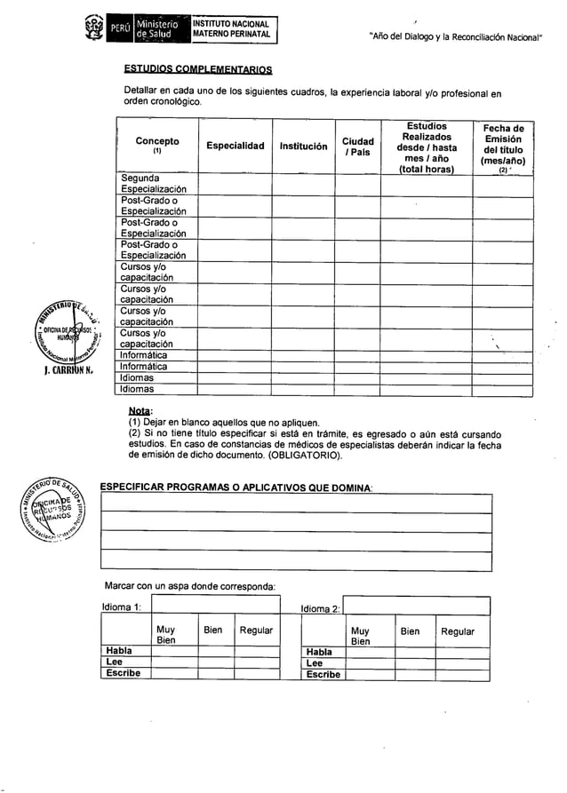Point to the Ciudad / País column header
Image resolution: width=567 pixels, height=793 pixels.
coord(357,147)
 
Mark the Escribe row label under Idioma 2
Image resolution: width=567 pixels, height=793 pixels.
coord(323,674)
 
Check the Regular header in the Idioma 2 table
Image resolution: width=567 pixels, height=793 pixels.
coord(458,631)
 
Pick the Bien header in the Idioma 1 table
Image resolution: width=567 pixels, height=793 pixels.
coord(213,630)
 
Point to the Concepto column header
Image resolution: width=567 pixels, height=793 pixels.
coord(156,146)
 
